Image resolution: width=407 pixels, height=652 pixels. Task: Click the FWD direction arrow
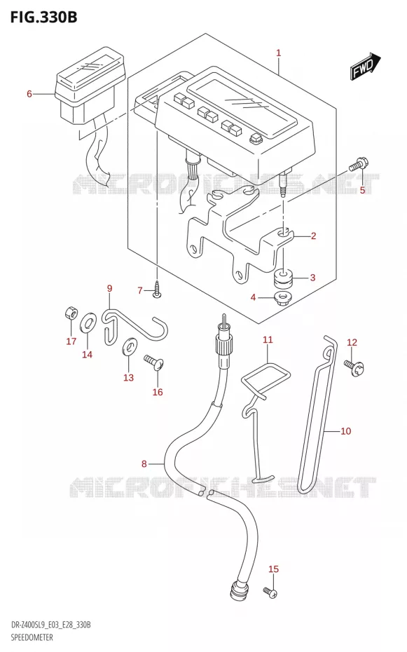366,66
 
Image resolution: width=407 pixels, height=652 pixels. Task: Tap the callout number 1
279,53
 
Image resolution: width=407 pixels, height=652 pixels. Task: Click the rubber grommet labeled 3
283,278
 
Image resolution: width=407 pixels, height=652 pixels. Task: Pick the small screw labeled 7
158,290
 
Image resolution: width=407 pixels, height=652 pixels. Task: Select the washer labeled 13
129,346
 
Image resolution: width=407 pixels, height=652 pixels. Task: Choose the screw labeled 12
354,367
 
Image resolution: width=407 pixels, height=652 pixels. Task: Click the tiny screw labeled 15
270,592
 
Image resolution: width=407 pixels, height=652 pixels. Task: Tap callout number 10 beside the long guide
345,430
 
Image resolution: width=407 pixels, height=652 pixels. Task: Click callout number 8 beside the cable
144,463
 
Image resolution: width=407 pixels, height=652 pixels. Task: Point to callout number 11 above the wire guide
268,340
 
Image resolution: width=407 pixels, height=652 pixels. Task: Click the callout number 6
29,94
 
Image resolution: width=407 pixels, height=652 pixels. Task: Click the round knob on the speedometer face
254,140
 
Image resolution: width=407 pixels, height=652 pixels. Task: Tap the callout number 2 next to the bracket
314,236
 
